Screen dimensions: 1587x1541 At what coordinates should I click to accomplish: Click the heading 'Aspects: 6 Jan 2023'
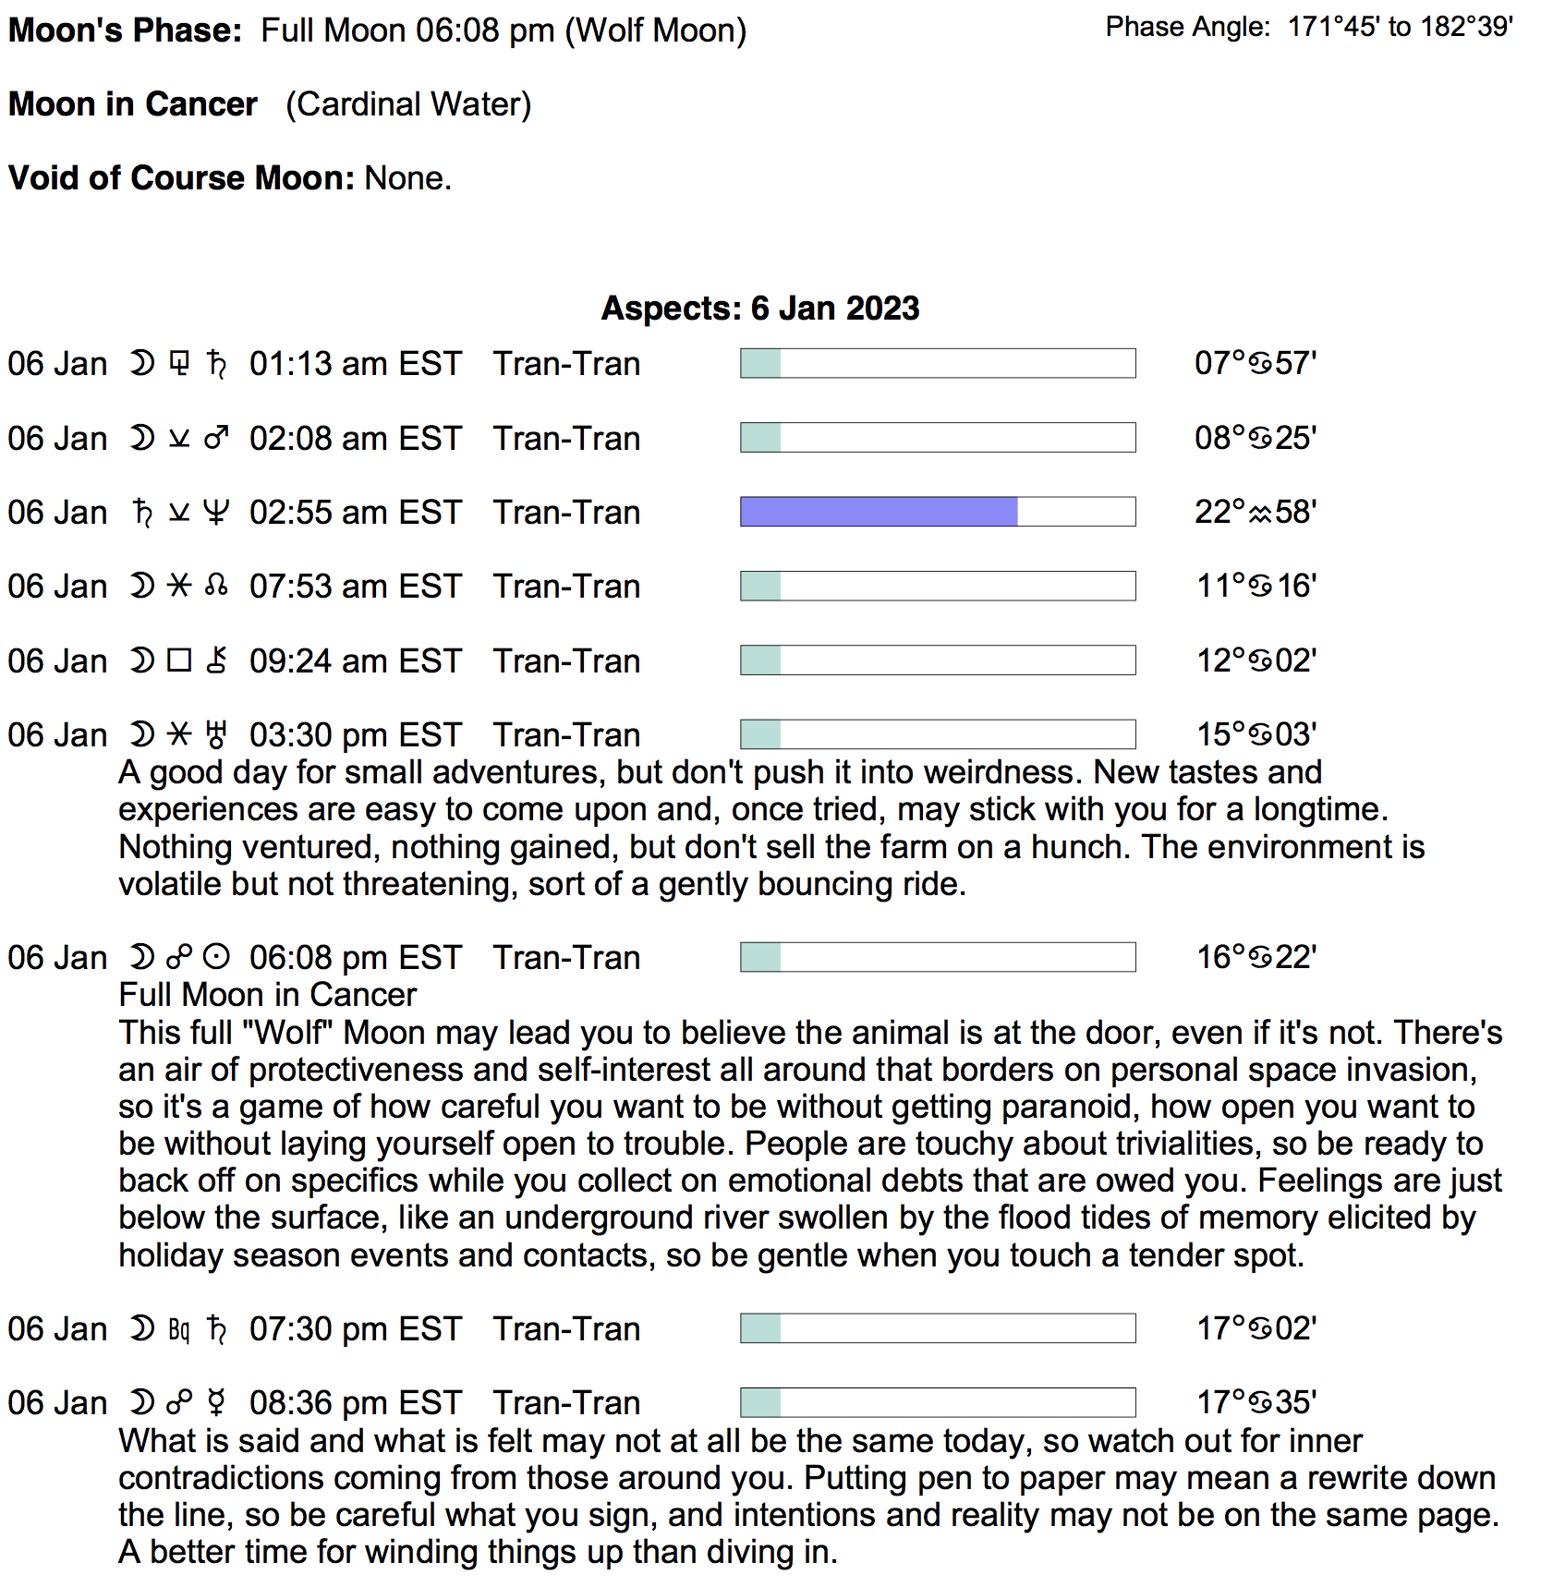(x=759, y=308)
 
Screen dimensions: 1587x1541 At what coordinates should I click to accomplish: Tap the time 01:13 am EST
(x=355, y=364)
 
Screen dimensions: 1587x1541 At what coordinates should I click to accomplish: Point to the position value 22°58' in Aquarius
(x=1255, y=512)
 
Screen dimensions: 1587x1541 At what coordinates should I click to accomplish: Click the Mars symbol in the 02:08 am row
(x=216, y=438)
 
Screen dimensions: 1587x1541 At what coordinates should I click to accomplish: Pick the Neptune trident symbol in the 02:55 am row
(x=215, y=512)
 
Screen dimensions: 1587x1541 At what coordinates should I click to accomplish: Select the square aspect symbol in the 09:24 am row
(x=179, y=660)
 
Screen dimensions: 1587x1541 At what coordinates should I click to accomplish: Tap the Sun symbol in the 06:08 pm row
(x=216, y=957)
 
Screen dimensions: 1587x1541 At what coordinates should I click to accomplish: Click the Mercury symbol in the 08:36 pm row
(x=216, y=1402)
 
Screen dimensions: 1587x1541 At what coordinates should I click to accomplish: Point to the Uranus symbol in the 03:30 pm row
(x=216, y=735)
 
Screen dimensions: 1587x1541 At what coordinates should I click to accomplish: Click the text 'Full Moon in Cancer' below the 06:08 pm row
(x=268, y=995)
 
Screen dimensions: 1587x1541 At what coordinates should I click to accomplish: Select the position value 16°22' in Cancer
(x=1256, y=957)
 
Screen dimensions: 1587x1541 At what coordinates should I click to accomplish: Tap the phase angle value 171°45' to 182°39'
(x=1400, y=27)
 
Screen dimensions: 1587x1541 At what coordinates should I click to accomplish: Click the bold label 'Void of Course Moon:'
(x=181, y=177)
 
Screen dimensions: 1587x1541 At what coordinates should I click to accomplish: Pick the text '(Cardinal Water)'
(x=408, y=104)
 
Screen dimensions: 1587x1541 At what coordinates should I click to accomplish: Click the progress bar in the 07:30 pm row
(x=937, y=1328)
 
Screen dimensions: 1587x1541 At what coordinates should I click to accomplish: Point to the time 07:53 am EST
(x=355, y=587)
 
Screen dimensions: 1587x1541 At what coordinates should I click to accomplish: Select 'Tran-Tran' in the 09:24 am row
(x=566, y=661)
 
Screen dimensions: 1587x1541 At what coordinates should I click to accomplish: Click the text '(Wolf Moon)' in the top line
(x=655, y=30)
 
